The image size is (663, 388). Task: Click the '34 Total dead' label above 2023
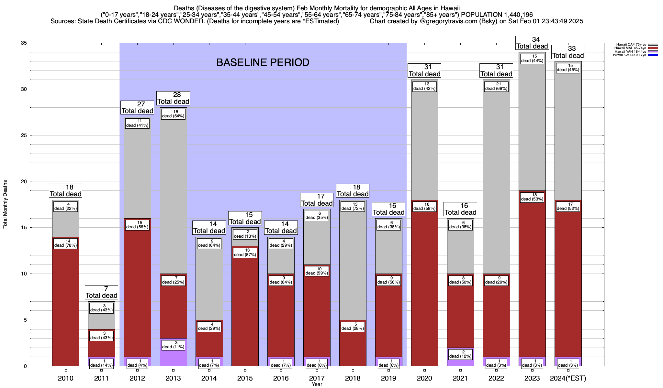pyautogui.click(x=532, y=43)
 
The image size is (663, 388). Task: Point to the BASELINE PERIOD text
pyautogui.click(x=263, y=62)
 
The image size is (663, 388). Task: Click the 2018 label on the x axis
pyautogui.click(x=353, y=378)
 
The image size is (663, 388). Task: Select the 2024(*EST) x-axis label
pyautogui.click(x=568, y=378)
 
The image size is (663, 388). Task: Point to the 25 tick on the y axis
pyautogui.click(x=24, y=135)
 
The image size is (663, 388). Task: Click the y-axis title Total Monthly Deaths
pyautogui.click(x=5, y=204)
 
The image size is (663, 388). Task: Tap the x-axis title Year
pyautogui.click(x=317, y=384)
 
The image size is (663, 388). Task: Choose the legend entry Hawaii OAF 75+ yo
pyautogui.click(x=627, y=44)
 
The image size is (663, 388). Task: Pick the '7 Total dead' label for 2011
pyautogui.click(x=101, y=292)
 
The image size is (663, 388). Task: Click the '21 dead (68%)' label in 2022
pyautogui.click(x=496, y=86)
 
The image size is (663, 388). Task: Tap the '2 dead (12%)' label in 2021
pyautogui.click(x=460, y=354)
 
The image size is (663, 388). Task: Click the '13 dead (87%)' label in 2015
pyautogui.click(x=245, y=253)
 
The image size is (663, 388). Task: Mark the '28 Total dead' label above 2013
pyautogui.click(x=173, y=98)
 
